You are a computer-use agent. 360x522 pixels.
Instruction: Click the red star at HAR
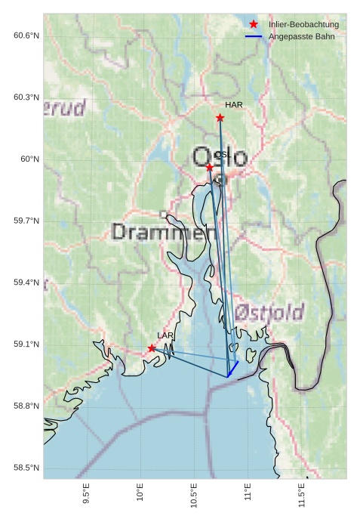220,118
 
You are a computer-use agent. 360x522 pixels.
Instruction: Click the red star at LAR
152,348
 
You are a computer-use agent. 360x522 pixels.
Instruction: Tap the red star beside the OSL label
209,167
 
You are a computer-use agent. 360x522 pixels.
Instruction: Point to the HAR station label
233,105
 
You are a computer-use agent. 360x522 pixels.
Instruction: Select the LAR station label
165,335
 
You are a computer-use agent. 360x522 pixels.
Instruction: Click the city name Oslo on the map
220,158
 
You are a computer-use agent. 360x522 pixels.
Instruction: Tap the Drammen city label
158,232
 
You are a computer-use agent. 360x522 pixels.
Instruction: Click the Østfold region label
269,312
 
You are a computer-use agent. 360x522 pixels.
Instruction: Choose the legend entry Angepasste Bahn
301,36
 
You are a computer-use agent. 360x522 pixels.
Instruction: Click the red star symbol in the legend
254,25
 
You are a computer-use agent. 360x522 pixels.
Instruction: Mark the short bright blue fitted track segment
233,369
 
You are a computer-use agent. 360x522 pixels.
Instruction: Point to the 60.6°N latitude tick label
26,36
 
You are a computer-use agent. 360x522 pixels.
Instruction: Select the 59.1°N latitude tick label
26,344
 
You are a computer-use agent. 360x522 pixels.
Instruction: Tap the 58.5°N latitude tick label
26,468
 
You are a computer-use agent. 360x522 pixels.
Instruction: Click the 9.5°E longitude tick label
86,496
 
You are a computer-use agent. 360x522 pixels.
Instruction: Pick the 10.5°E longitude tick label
194,496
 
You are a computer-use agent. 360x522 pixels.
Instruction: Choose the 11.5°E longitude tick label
302,496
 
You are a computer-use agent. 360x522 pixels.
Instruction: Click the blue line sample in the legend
254,36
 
